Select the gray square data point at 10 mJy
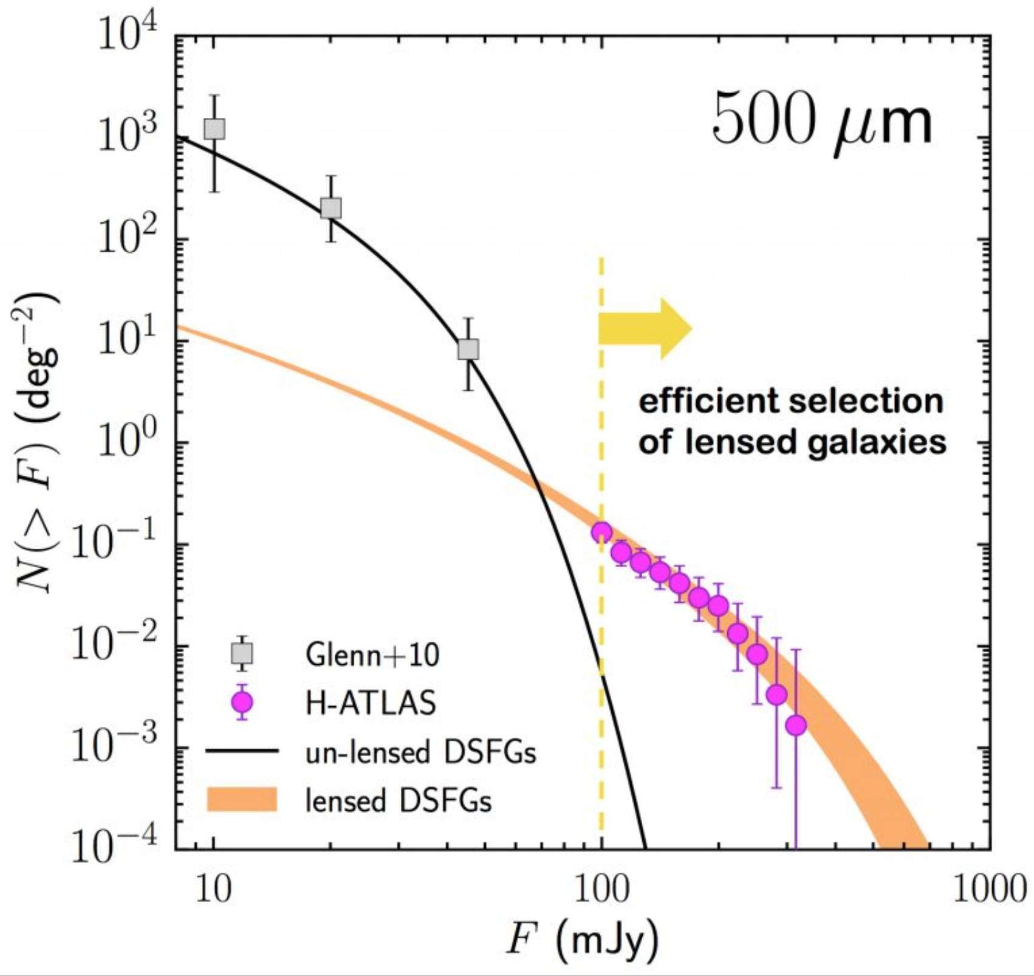tap(214, 129)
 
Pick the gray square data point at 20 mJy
tap(331, 208)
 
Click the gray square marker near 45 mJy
tap(468, 349)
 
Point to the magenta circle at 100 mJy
tap(601, 532)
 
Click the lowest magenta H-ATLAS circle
tap(796, 725)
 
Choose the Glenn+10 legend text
tap(372, 655)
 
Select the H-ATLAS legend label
tap(371, 704)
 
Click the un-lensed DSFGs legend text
tap(420, 752)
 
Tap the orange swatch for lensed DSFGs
tap(242, 800)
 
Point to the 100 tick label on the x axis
tap(601, 890)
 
